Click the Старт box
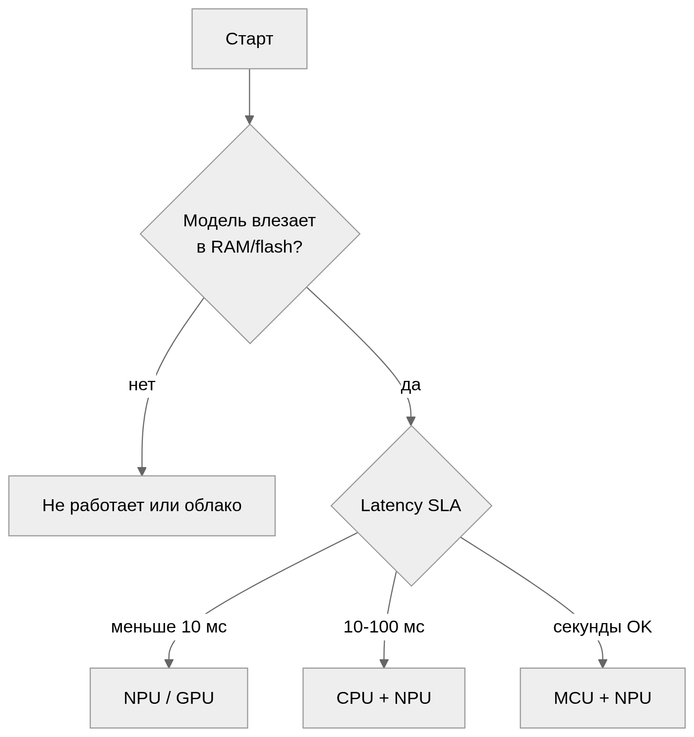pos(249,39)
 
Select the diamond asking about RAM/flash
pos(250,234)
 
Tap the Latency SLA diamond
pos(411,506)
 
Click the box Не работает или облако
pos(142,506)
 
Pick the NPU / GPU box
pos(169,698)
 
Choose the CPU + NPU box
pos(384,698)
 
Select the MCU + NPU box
pos(603,698)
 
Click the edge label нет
pos(142,385)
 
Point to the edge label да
pos(410,385)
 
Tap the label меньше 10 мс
pos(169,627)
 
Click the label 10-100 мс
pos(384,627)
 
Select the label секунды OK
pos(602,627)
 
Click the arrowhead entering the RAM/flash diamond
pos(249,120)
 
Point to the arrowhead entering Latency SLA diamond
pos(410,421)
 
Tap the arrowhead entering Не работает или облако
pos(142,472)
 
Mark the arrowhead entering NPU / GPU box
pos(169,664)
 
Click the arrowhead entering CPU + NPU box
pos(384,664)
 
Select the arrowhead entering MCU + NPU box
pos(603,664)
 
